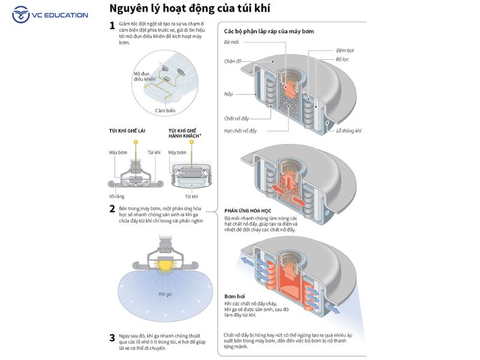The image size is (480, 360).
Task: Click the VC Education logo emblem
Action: [x=21, y=14]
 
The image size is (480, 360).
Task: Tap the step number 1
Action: [x=112, y=25]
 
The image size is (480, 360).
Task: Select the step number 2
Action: [x=112, y=209]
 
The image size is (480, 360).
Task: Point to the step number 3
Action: [x=112, y=337]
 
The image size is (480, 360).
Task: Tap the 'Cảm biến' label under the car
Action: [x=165, y=111]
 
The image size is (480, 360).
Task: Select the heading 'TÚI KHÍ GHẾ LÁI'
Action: [x=127, y=130]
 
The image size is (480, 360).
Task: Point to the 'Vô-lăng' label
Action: [x=117, y=196]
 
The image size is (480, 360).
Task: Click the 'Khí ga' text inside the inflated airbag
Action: [x=166, y=294]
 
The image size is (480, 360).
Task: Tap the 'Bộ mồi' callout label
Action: [x=231, y=43]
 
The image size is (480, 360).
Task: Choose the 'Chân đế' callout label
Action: [x=232, y=61]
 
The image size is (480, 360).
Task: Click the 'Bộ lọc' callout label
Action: [x=342, y=59]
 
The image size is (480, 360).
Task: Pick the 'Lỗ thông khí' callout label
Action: [x=349, y=130]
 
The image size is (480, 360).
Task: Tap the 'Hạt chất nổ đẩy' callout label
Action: [x=240, y=130]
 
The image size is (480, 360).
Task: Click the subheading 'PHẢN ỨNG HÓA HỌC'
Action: [x=248, y=211]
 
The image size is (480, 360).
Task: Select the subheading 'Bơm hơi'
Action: [x=234, y=296]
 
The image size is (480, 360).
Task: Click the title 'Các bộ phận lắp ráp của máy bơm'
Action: [x=269, y=31]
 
